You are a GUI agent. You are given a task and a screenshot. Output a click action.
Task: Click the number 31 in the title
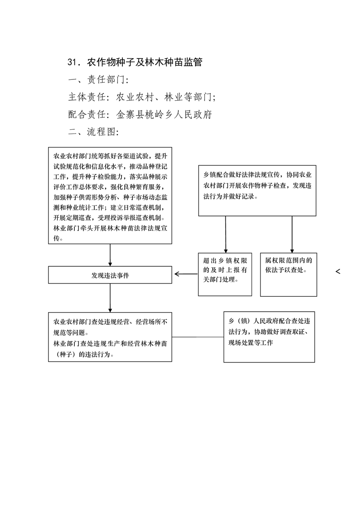73,62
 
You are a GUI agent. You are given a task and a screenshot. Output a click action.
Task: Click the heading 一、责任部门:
98,79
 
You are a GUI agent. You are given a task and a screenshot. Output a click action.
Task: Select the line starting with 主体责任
142,97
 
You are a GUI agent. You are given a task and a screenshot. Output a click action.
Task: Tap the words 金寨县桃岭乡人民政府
164,114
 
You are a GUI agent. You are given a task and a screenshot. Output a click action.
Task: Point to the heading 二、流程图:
93,132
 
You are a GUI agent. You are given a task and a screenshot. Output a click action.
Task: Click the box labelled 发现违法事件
110,275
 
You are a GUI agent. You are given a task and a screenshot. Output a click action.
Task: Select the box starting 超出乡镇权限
225,274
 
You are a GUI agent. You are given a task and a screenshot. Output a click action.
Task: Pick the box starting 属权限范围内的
289,274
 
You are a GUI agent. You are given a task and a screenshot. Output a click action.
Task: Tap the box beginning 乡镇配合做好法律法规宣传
257,191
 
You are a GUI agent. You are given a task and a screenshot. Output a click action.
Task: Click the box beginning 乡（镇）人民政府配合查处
269,337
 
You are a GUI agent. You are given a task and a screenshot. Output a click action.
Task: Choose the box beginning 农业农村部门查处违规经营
110,337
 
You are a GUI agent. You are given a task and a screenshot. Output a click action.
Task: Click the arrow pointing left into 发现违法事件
186,274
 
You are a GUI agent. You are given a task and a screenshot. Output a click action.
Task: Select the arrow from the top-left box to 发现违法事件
110,255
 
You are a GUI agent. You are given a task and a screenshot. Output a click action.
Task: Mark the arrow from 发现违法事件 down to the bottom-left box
110,298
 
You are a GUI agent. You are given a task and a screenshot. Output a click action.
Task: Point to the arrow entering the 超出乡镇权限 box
226,235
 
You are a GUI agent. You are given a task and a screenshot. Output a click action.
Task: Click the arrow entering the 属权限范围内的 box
292,235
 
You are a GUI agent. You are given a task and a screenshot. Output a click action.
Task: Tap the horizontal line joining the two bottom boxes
198,337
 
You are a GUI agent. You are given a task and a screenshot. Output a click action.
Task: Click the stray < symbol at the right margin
338,271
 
